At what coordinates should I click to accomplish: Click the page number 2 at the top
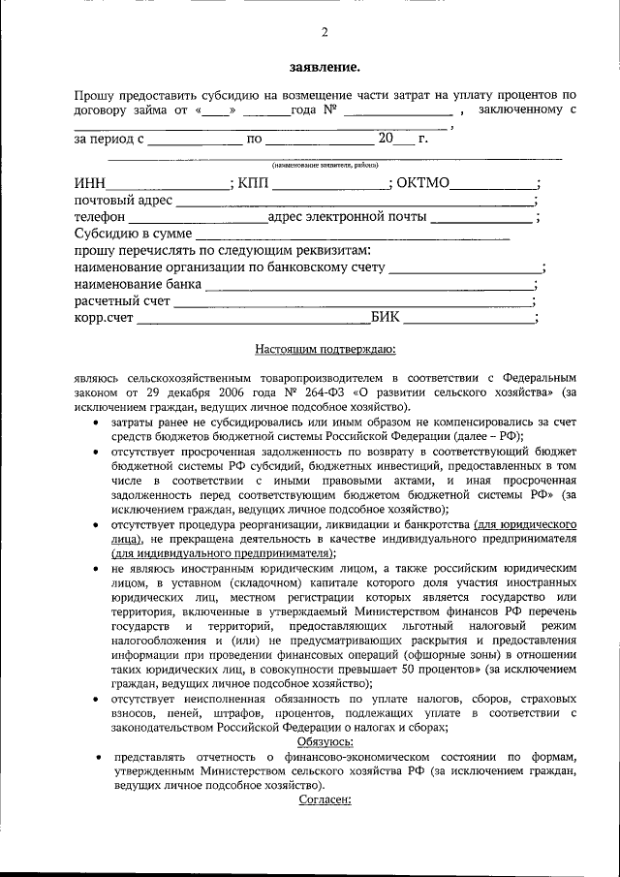click(325, 32)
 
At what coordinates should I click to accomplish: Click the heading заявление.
click(325, 68)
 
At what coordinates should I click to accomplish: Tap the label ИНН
click(90, 183)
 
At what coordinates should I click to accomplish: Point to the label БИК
click(385, 317)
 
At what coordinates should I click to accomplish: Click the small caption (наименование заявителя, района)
click(325, 165)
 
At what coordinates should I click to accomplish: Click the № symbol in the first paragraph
click(329, 110)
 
